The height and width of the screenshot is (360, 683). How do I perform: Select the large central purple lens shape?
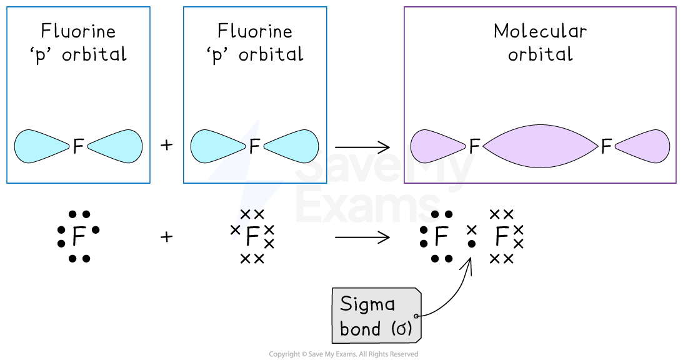[x=541, y=146]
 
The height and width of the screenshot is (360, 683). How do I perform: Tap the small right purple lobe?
[x=646, y=146]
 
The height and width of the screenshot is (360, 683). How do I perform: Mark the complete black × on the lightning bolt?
[x=246, y=214]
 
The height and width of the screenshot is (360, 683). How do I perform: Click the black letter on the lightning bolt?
[x=253, y=146]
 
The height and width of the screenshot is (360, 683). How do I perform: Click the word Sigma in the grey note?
[x=367, y=305]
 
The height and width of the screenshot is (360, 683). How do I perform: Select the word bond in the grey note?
[x=360, y=329]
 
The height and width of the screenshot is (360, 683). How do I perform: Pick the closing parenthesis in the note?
[x=410, y=329]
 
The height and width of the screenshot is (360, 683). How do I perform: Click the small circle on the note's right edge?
[x=417, y=316]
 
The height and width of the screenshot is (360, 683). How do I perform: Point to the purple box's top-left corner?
[x=404, y=7]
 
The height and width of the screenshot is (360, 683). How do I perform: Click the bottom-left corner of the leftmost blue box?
[x=7, y=183]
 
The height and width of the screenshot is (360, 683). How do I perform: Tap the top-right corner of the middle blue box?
[x=327, y=7]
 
